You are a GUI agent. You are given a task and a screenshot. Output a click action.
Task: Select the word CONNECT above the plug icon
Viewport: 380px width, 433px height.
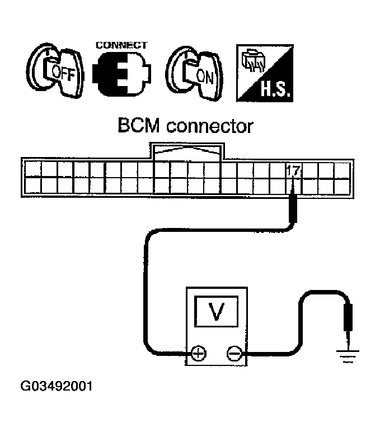pos(121,45)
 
